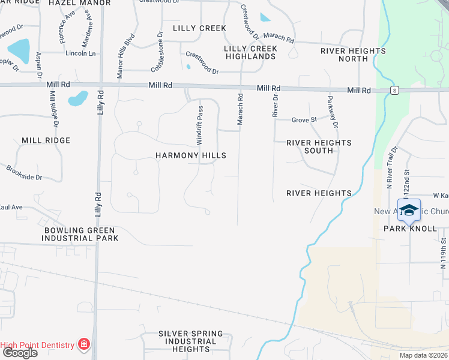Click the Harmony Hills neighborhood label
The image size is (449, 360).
coord(191,155)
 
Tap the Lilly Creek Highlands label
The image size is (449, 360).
coord(251,52)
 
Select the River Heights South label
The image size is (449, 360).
coord(319,146)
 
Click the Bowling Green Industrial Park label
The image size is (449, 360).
coord(80,234)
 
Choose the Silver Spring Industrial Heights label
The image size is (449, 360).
coord(191,341)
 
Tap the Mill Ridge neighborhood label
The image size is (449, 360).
coord(46,140)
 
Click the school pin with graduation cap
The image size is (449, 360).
coord(409,211)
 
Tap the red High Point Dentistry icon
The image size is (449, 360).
coord(84,344)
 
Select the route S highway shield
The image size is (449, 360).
coord(394,90)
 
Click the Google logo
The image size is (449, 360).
coord(19,353)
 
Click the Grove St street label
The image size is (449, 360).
coord(304,120)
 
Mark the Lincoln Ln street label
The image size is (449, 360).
coord(80,53)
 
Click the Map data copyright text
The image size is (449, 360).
coord(424,355)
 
